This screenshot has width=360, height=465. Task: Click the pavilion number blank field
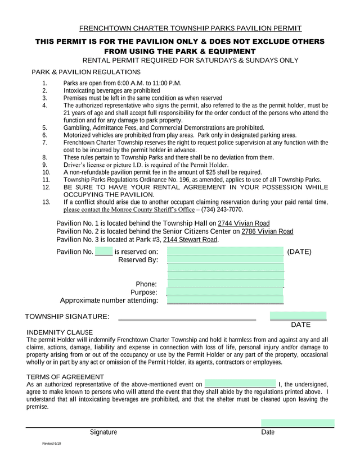[x=103, y=251]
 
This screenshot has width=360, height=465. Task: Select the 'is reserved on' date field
[x=225, y=251]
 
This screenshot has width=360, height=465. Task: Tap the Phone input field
[x=225, y=284]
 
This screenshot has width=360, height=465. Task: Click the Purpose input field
[x=225, y=292]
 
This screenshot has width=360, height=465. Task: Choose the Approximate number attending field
[x=225, y=300]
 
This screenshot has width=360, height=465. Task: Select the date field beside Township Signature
[x=298, y=316]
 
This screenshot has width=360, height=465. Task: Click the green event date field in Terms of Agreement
[x=240, y=384]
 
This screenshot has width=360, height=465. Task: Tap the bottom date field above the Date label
[x=298, y=423]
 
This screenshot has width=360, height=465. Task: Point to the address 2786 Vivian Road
[x=267, y=231]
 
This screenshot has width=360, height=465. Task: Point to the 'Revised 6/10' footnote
[x=52, y=444]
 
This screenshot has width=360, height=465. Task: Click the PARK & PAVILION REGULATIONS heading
[x=85, y=72]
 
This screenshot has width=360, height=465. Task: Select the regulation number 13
[x=46, y=202]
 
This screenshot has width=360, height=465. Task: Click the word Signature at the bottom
[x=103, y=432]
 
